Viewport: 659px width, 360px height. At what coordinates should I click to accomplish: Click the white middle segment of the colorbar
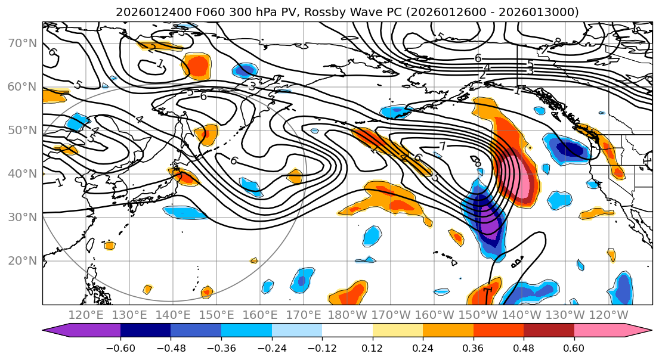coord(347,331)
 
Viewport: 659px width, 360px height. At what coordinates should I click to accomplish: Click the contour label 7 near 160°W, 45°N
coord(442,146)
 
